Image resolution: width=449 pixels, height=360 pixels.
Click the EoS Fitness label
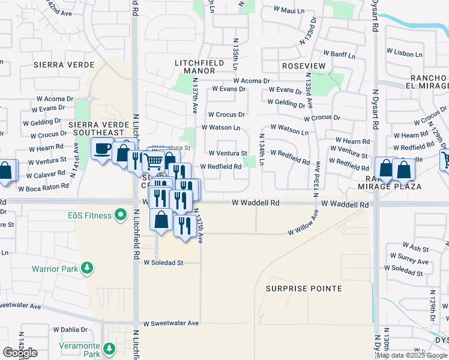click(x=89, y=215)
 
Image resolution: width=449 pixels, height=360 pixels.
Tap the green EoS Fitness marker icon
click(x=121, y=214)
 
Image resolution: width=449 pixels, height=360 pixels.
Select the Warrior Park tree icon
click(x=88, y=268)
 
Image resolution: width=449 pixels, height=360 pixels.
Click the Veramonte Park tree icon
click(x=109, y=348)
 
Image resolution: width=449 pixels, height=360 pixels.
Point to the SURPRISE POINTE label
click(x=304, y=289)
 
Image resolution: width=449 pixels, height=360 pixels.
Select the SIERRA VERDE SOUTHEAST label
click(x=100, y=129)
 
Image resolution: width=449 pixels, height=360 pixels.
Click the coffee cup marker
click(x=103, y=148)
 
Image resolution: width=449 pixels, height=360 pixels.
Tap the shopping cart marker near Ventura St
click(x=154, y=160)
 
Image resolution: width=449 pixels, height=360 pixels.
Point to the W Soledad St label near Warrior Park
click(x=163, y=263)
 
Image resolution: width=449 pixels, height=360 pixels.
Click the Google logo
click(x=20, y=353)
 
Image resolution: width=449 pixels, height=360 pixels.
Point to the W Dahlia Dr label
click(x=70, y=329)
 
